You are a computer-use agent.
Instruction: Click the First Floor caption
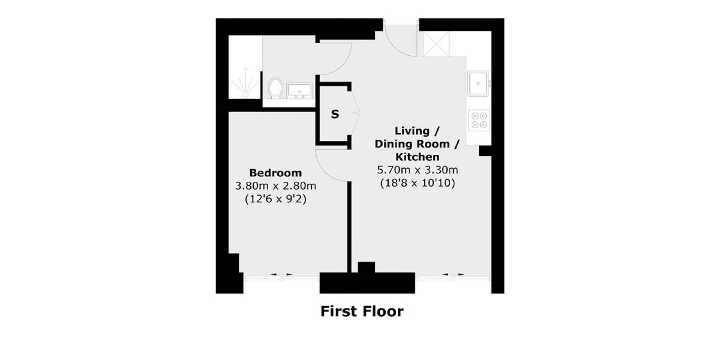[x=362, y=311]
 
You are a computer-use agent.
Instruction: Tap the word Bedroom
[x=275, y=173]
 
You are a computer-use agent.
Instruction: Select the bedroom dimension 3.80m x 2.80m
[x=275, y=186]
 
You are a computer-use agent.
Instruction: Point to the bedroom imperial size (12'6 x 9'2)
[x=275, y=199]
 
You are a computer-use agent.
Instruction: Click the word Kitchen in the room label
[x=417, y=157]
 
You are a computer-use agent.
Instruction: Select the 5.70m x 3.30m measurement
[x=417, y=170]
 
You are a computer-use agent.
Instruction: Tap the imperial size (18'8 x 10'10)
[x=417, y=183]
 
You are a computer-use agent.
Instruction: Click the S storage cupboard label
[x=335, y=115]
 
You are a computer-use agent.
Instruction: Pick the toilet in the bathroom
[x=275, y=87]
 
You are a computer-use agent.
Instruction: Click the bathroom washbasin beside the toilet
[x=299, y=91]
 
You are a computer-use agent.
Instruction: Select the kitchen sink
[x=478, y=83]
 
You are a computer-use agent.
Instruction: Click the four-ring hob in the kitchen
[x=478, y=120]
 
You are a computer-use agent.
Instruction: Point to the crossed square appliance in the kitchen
[x=436, y=44]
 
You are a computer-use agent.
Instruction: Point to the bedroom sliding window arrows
[x=281, y=274]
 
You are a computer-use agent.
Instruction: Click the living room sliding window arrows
[x=454, y=274]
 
